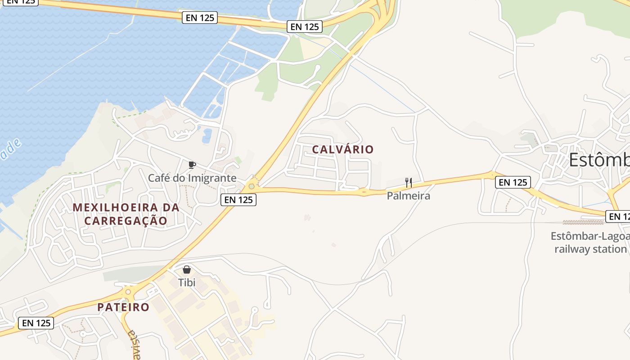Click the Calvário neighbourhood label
[x=342, y=149]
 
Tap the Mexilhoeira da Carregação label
[x=126, y=214]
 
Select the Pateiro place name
[x=123, y=307]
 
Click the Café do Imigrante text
[x=192, y=178]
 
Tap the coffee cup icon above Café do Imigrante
[x=192, y=164]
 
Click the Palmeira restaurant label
[x=409, y=196]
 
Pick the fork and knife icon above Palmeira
[x=409, y=182]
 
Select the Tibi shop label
[x=187, y=283]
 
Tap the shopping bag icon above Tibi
[x=187, y=270]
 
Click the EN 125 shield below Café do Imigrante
[x=238, y=199]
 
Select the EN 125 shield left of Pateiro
[x=36, y=323]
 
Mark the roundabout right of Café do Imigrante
[x=251, y=186]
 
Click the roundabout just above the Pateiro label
[x=128, y=292]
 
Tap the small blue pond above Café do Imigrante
[x=207, y=135]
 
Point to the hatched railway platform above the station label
[x=583, y=222]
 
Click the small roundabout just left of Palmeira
[x=364, y=192]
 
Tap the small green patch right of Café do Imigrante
[x=238, y=160]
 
